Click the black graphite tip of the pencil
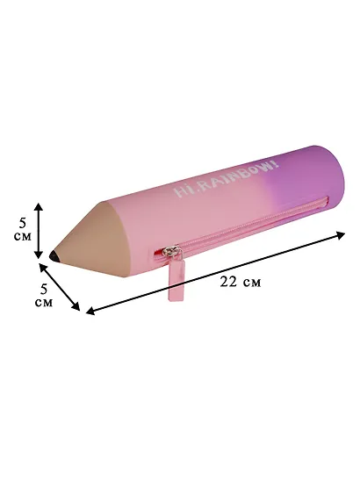[x=54, y=256]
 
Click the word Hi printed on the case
[x=183, y=190]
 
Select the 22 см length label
[x=241, y=282]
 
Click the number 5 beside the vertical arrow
[x=23, y=223]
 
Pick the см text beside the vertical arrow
[x=23, y=237]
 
